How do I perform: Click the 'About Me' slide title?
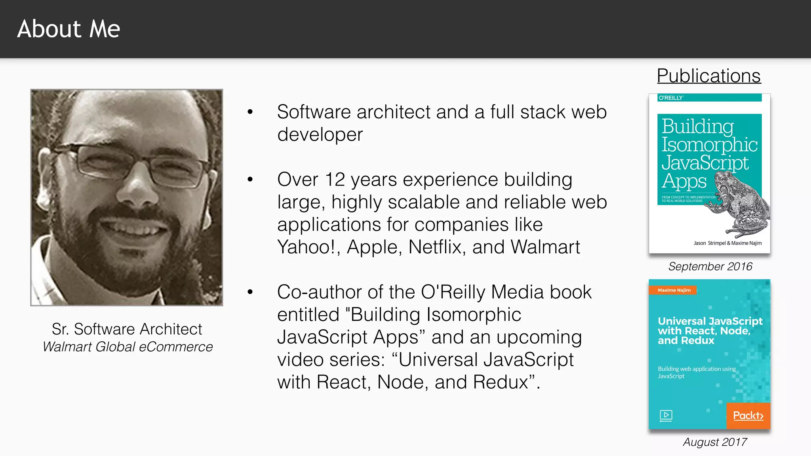click(x=69, y=29)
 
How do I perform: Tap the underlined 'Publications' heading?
click(x=708, y=76)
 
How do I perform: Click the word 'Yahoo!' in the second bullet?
click(x=306, y=247)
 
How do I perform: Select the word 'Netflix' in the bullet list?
click(x=434, y=247)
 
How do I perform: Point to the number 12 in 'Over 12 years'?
click(x=335, y=180)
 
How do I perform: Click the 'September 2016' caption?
click(x=710, y=266)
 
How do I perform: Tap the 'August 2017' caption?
click(x=715, y=442)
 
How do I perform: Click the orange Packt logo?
click(x=748, y=416)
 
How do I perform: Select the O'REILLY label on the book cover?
click(x=671, y=98)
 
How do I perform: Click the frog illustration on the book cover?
click(x=741, y=206)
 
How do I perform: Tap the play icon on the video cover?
click(x=666, y=415)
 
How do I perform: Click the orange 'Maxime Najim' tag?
click(x=674, y=290)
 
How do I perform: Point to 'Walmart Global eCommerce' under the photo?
click(x=128, y=347)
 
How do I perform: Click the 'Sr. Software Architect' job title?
click(x=127, y=329)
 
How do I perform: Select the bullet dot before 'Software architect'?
click(x=250, y=112)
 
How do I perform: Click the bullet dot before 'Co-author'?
click(x=250, y=292)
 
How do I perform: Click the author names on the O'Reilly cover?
click(x=727, y=243)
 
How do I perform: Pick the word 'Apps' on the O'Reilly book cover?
click(x=684, y=181)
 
